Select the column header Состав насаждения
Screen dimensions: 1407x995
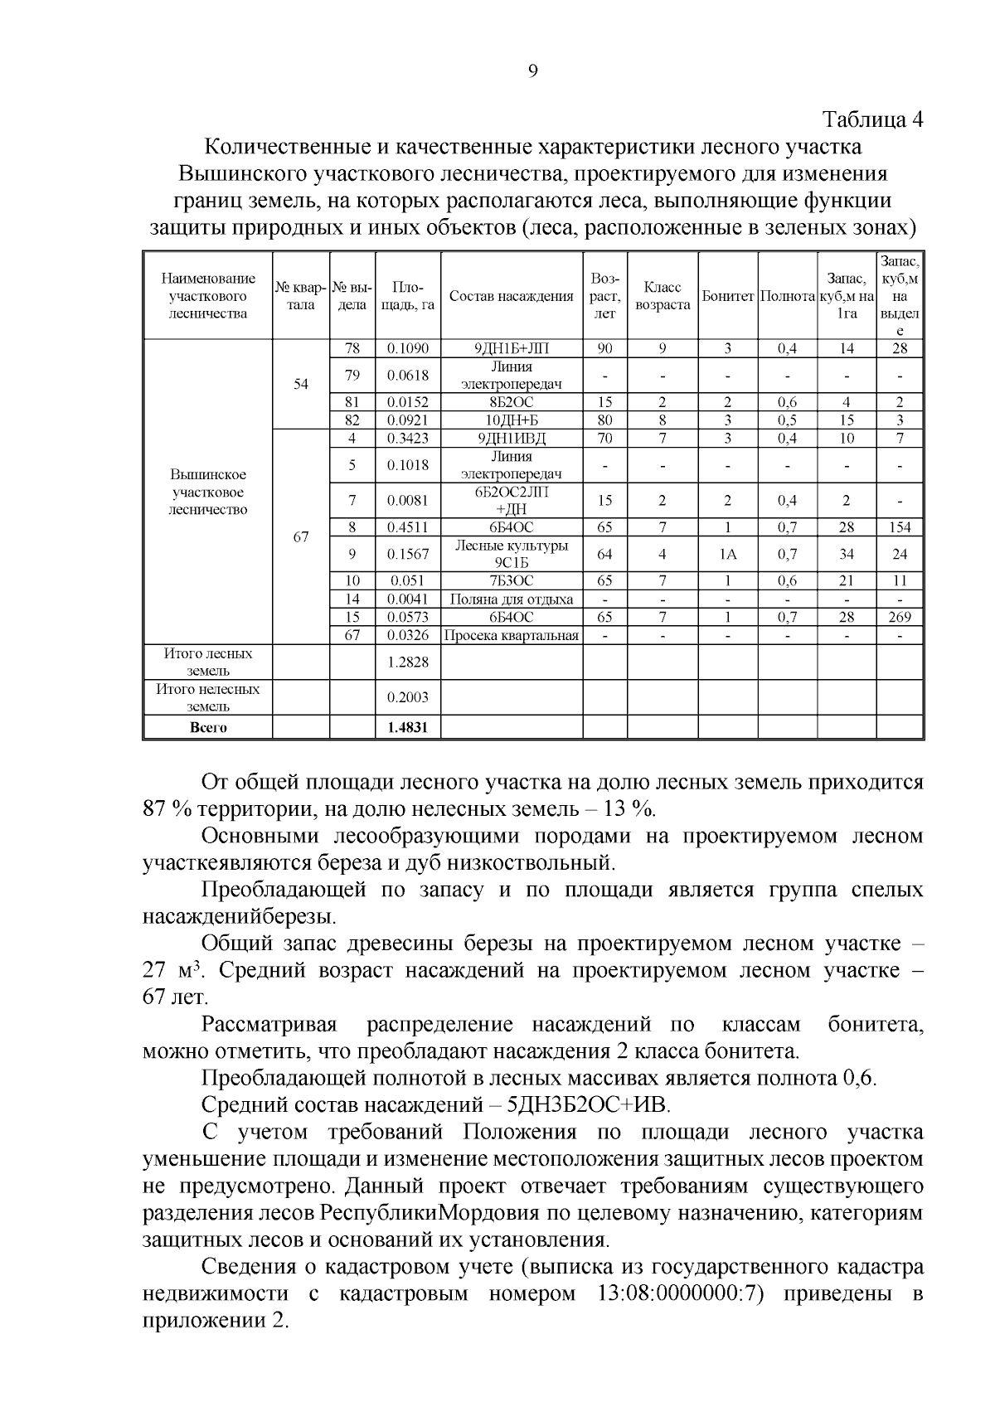coord(511,297)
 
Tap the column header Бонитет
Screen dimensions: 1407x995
coord(727,297)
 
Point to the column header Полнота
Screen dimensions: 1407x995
coord(787,297)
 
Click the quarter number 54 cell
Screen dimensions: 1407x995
coord(301,384)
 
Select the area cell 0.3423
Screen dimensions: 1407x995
coord(408,439)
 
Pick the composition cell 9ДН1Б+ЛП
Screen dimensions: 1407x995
coord(511,349)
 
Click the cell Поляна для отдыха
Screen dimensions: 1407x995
coord(511,599)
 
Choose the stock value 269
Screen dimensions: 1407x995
coord(900,618)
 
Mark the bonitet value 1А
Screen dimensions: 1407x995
coord(727,555)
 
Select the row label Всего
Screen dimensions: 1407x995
coord(208,728)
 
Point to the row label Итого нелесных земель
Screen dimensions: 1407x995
coord(208,698)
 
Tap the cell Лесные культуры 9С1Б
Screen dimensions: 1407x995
coord(511,555)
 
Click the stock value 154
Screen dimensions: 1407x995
coord(900,527)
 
